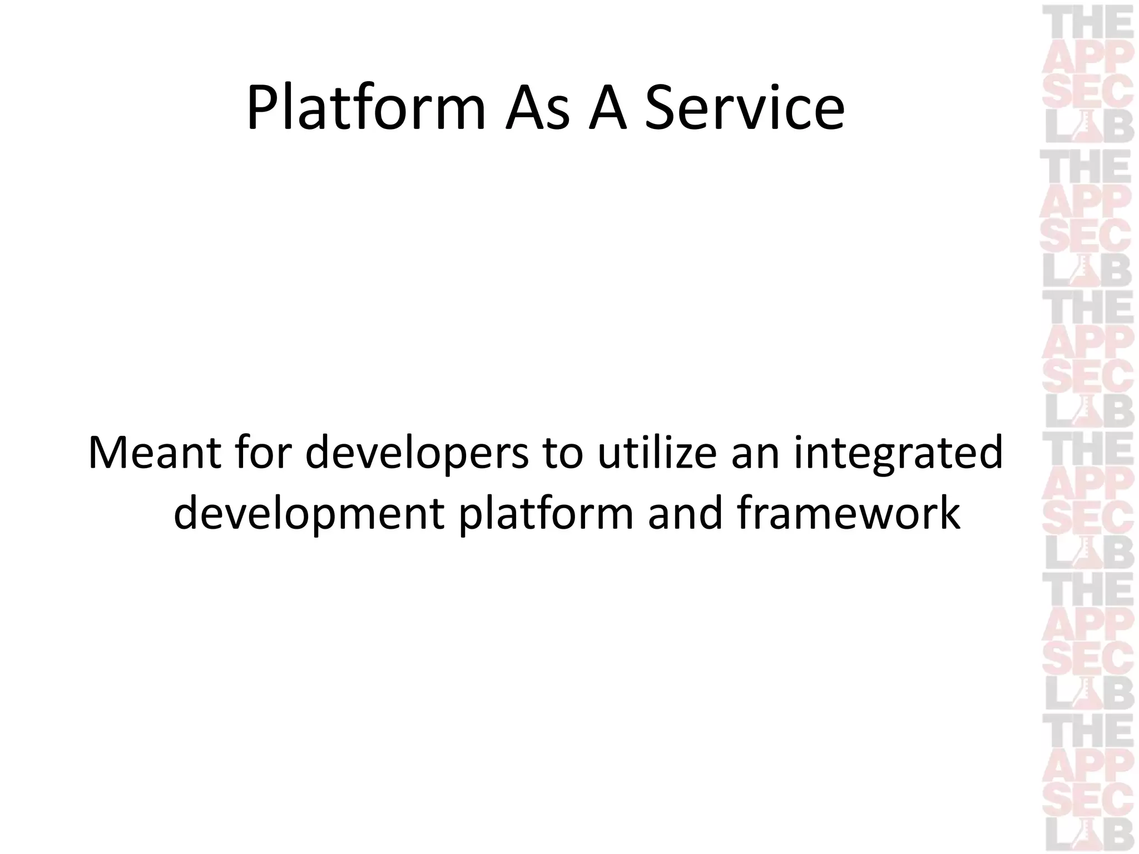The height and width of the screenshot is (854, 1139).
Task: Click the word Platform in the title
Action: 366,107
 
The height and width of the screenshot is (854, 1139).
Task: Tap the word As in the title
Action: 537,107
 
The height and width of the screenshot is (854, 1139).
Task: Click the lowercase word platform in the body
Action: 546,513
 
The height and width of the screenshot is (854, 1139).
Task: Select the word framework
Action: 849,513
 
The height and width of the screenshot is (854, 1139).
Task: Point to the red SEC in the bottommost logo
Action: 1088,798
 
